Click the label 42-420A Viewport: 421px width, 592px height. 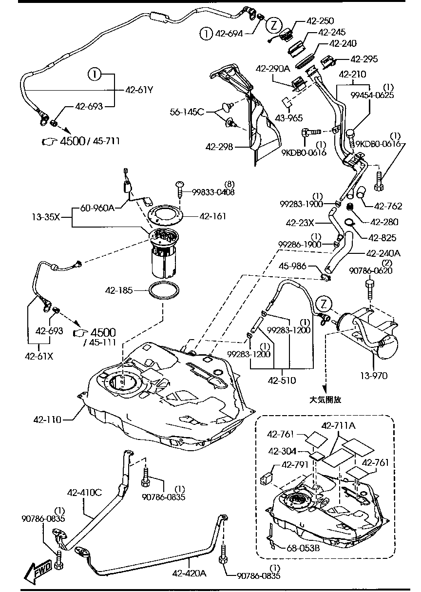tap(190, 573)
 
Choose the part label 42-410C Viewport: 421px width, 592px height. tap(86, 492)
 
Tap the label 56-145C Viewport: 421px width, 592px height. tap(187, 112)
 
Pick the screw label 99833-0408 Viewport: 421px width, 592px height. tap(213, 192)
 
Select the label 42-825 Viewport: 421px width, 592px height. tap(383, 239)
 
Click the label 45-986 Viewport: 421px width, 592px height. tap(293, 266)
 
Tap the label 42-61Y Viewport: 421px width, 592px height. tap(139, 90)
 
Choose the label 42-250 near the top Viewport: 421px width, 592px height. tap(320, 21)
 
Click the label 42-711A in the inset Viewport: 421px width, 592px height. tap(338, 425)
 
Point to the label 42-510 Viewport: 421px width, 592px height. tap(282, 381)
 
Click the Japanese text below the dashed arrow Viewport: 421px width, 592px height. tap(325, 399)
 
